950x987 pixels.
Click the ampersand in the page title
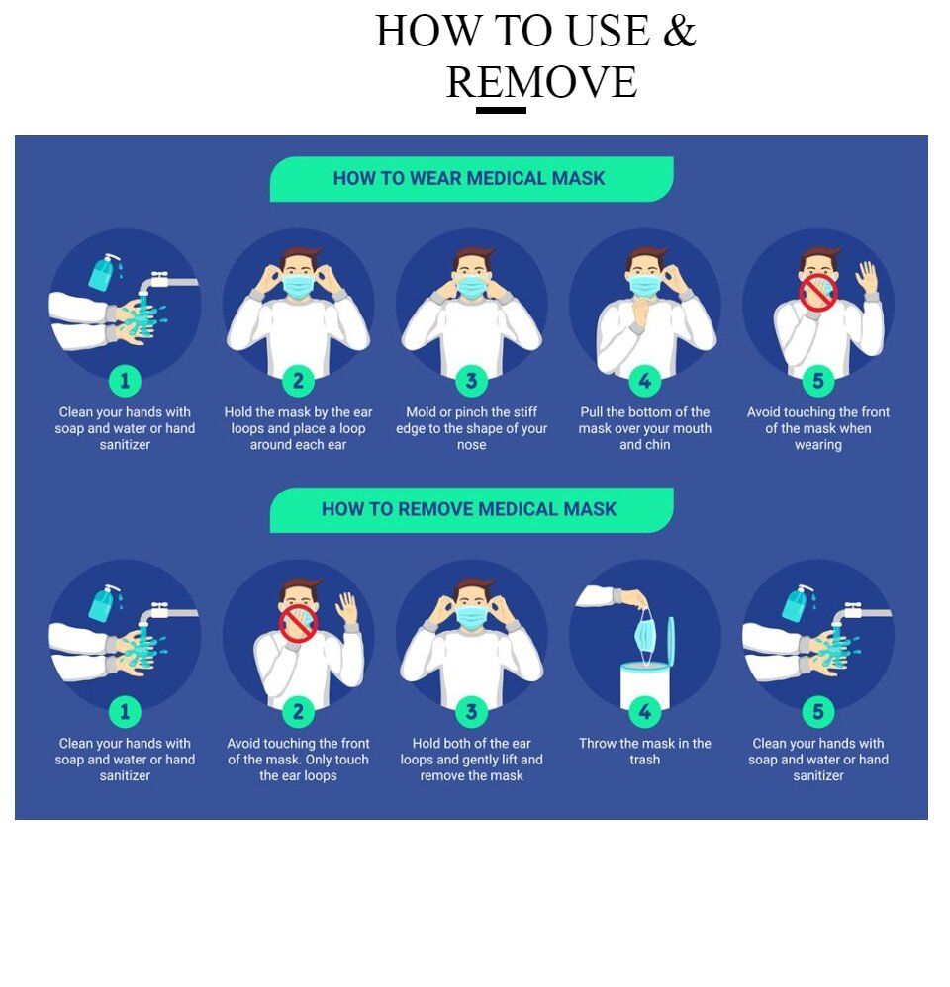point(679,31)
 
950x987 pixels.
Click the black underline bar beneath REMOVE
point(501,110)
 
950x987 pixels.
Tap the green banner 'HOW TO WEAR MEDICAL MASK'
point(471,179)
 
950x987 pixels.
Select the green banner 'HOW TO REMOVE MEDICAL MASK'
point(471,510)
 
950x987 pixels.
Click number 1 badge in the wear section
point(125,380)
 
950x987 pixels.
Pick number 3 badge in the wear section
point(471,380)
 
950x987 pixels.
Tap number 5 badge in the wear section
point(817,380)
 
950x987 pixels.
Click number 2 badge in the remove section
point(298,711)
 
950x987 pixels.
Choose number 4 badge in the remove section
point(644,711)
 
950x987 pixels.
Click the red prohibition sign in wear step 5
point(818,292)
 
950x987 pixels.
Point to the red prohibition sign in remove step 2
point(298,624)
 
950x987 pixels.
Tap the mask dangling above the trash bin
point(645,636)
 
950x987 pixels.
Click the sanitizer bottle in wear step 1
point(103,272)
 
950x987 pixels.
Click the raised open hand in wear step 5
point(867,278)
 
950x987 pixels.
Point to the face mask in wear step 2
point(298,285)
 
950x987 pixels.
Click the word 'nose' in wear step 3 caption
point(471,445)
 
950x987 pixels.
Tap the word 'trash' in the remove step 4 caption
point(644,760)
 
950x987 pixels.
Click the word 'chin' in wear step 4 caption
point(657,444)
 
